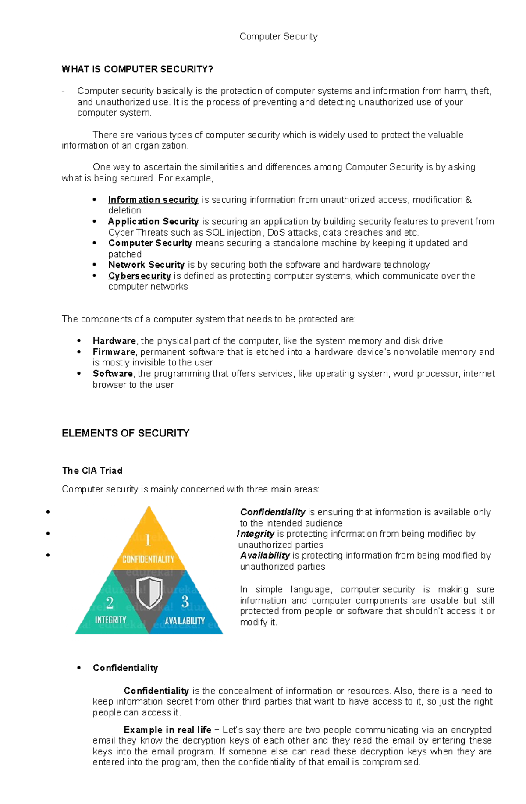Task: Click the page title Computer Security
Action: coord(278,36)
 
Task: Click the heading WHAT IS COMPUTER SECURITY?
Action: coord(137,69)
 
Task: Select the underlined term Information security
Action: coord(153,200)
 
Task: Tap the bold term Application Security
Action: coord(153,221)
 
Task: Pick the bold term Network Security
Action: coord(146,265)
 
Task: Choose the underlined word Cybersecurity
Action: coord(139,276)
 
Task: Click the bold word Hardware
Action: coord(114,341)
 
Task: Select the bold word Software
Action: coord(113,373)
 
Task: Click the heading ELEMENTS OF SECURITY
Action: coord(125,433)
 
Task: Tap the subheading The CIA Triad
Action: coord(92,471)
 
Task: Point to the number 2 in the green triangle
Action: coord(110,603)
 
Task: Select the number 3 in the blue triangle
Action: coord(185,601)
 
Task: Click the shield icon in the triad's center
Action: coord(149,592)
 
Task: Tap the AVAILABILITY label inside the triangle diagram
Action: coord(185,621)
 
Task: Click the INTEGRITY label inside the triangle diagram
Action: coord(110,620)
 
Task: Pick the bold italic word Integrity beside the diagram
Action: coord(256,534)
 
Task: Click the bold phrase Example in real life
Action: coord(167,730)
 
